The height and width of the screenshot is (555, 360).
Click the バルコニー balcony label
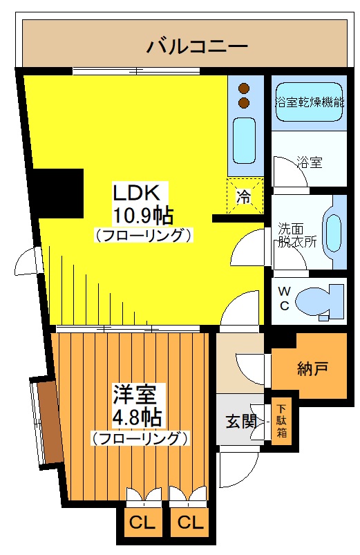197,47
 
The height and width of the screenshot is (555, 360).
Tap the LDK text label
137,191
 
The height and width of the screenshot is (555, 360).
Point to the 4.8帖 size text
138,417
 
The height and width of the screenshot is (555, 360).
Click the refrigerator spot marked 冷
244,196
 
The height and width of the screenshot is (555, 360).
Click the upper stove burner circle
243,88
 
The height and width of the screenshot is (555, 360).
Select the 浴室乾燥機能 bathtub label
309,102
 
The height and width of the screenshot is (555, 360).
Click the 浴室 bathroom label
309,163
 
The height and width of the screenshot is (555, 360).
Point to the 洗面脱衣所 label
298,235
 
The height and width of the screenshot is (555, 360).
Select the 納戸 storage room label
312,368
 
